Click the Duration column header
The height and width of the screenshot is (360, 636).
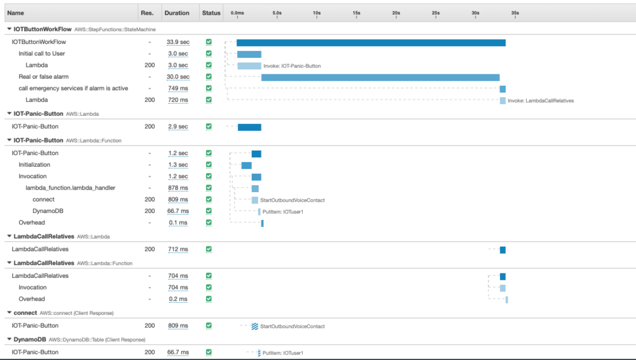tap(176, 13)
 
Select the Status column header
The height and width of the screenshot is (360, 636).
tap(211, 13)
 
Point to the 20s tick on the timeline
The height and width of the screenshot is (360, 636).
tap(396, 13)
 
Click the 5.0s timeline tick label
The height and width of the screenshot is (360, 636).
tap(277, 13)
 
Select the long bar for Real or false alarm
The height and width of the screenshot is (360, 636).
tap(380, 78)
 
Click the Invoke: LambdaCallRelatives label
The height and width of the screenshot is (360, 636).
tap(541, 100)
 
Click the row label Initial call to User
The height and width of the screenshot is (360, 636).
tap(42, 53)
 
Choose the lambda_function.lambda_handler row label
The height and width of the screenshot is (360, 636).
tap(70, 188)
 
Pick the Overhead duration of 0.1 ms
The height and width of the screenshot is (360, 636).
tap(177, 223)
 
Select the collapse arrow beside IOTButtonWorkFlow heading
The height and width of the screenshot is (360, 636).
tap(8, 29)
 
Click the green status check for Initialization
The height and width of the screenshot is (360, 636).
tap(209, 165)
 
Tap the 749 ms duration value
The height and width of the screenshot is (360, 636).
tap(177, 88)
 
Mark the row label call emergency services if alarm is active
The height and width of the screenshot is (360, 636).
tap(73, 88)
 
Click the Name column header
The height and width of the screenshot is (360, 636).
tap(16, 13)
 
